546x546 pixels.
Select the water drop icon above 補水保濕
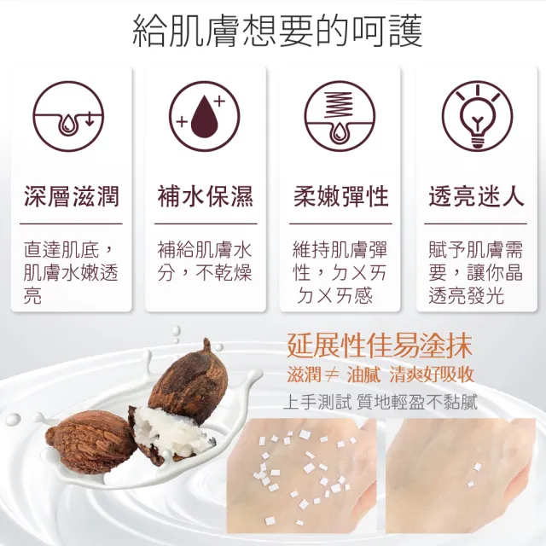[x=205, y=116]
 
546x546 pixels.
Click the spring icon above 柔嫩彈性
[x=340, y=116]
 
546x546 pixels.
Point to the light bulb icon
[x=476, y=116]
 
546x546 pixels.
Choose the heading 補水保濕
[x=206, y=197]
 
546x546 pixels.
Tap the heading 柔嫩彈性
[x=340, y=197]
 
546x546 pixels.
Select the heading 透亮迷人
[x=476, y=197]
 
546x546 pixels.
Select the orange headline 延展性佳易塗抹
[x=380, y=347]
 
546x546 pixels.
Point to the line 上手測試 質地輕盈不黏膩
[x=380, y=401]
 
